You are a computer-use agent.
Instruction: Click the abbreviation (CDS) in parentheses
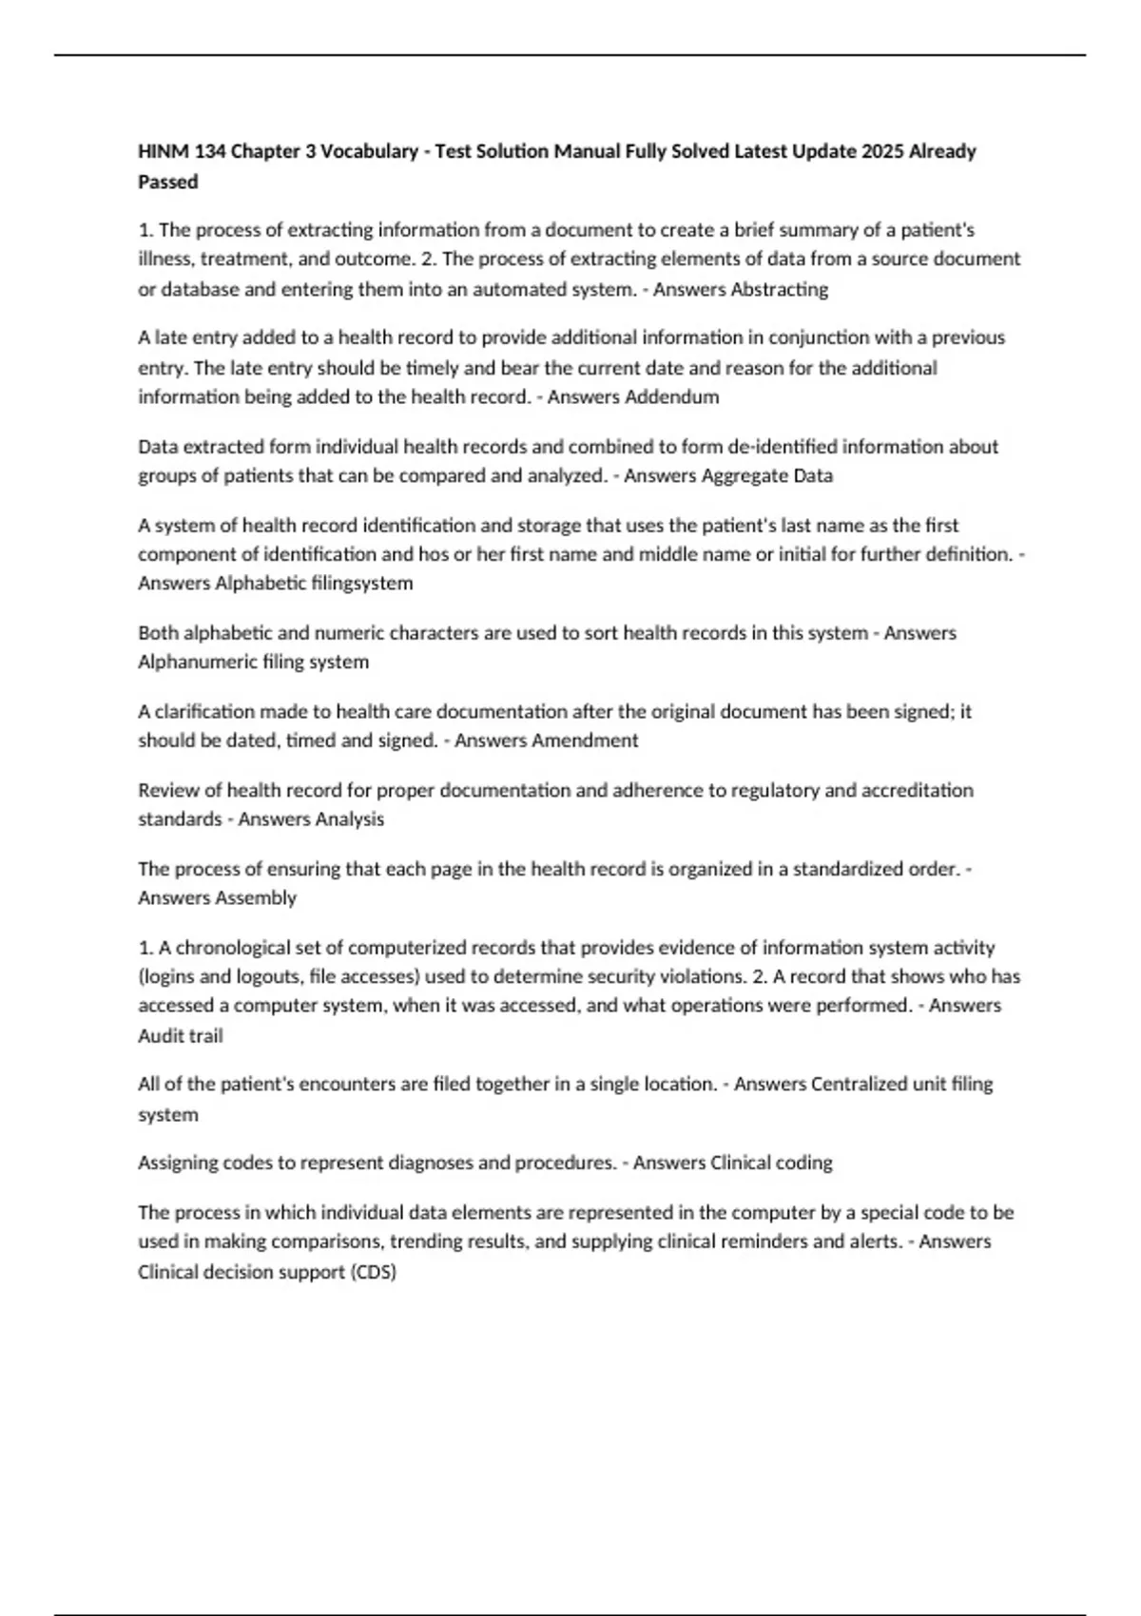click(x=373, y=1272)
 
